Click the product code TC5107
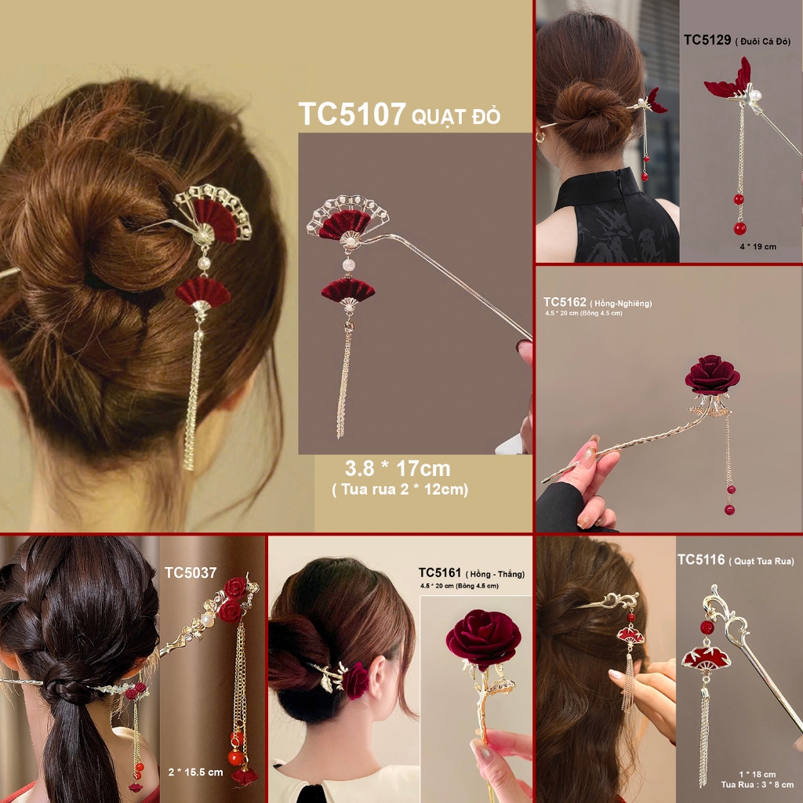tap(352, 114)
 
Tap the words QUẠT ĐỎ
tap(456, 117)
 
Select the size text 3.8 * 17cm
tap(398, 469)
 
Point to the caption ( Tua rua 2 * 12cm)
tap(400, 489)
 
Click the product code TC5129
tap(707, 40)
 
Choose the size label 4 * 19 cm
tap(758, 246)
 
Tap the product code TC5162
tap(565, 302)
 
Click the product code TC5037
tap(191, 572)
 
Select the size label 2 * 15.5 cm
tap(195, 772)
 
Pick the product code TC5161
tap(439, 572)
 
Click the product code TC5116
tap(701, 560)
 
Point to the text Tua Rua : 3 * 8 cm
tap(757, 784)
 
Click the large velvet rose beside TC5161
tap(483, 638)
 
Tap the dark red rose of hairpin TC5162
tap(712, 376)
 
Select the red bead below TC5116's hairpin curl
tap(707, 627)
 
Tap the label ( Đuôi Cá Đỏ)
tap(763, 42)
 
